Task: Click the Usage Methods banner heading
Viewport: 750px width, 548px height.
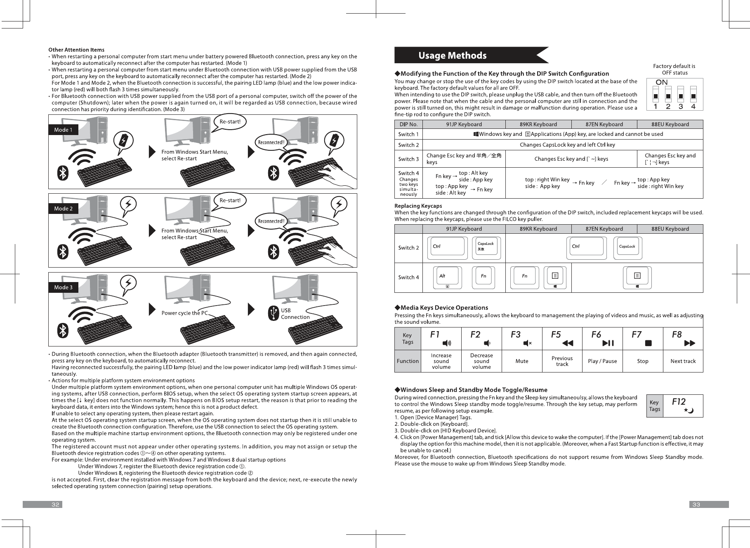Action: [452, 55]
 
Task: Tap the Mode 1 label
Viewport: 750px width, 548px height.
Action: [63, 130]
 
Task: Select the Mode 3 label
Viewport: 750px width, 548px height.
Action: [63, 287]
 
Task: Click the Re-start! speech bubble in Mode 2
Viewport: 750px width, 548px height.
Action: [230, 201]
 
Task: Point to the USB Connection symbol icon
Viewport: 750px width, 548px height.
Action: [274, 313]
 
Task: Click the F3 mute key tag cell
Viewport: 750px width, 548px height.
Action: [521, 339]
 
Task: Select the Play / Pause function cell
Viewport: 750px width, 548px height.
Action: [602, 361]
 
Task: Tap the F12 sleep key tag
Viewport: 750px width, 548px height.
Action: [683, 406]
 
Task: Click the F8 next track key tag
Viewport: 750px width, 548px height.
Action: [683, 339]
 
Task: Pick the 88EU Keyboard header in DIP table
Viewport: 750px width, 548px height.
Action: [670, 124]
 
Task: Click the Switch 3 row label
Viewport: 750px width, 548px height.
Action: [408, 159]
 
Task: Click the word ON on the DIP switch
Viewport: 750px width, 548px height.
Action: [661, 82]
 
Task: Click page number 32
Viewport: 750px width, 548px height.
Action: [56, 505]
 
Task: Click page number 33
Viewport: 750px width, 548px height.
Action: [696, 505]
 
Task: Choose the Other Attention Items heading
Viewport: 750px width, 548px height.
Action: [76, 50]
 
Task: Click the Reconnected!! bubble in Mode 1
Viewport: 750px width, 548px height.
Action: [271, 142]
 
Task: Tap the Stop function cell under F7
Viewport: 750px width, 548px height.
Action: [642, 361]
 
